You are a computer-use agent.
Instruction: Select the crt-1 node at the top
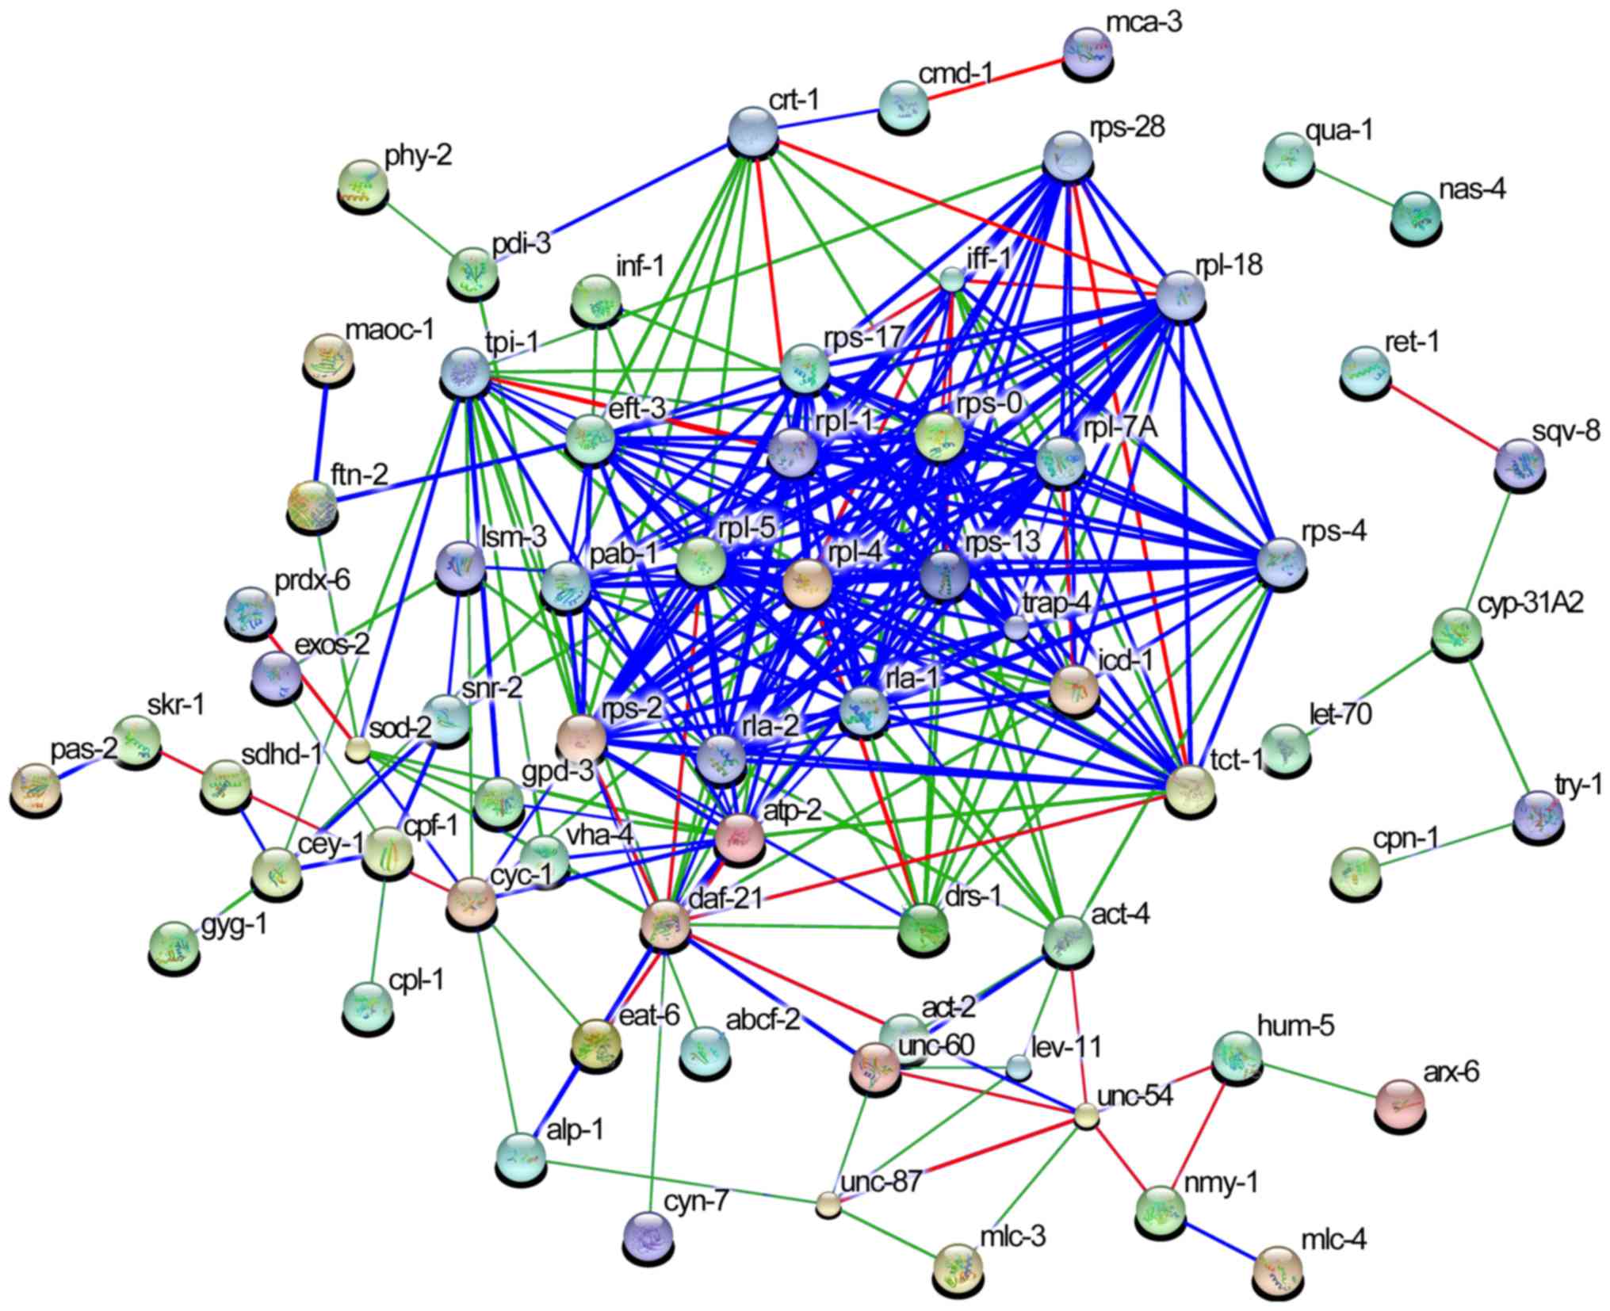(x=753, y=130)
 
